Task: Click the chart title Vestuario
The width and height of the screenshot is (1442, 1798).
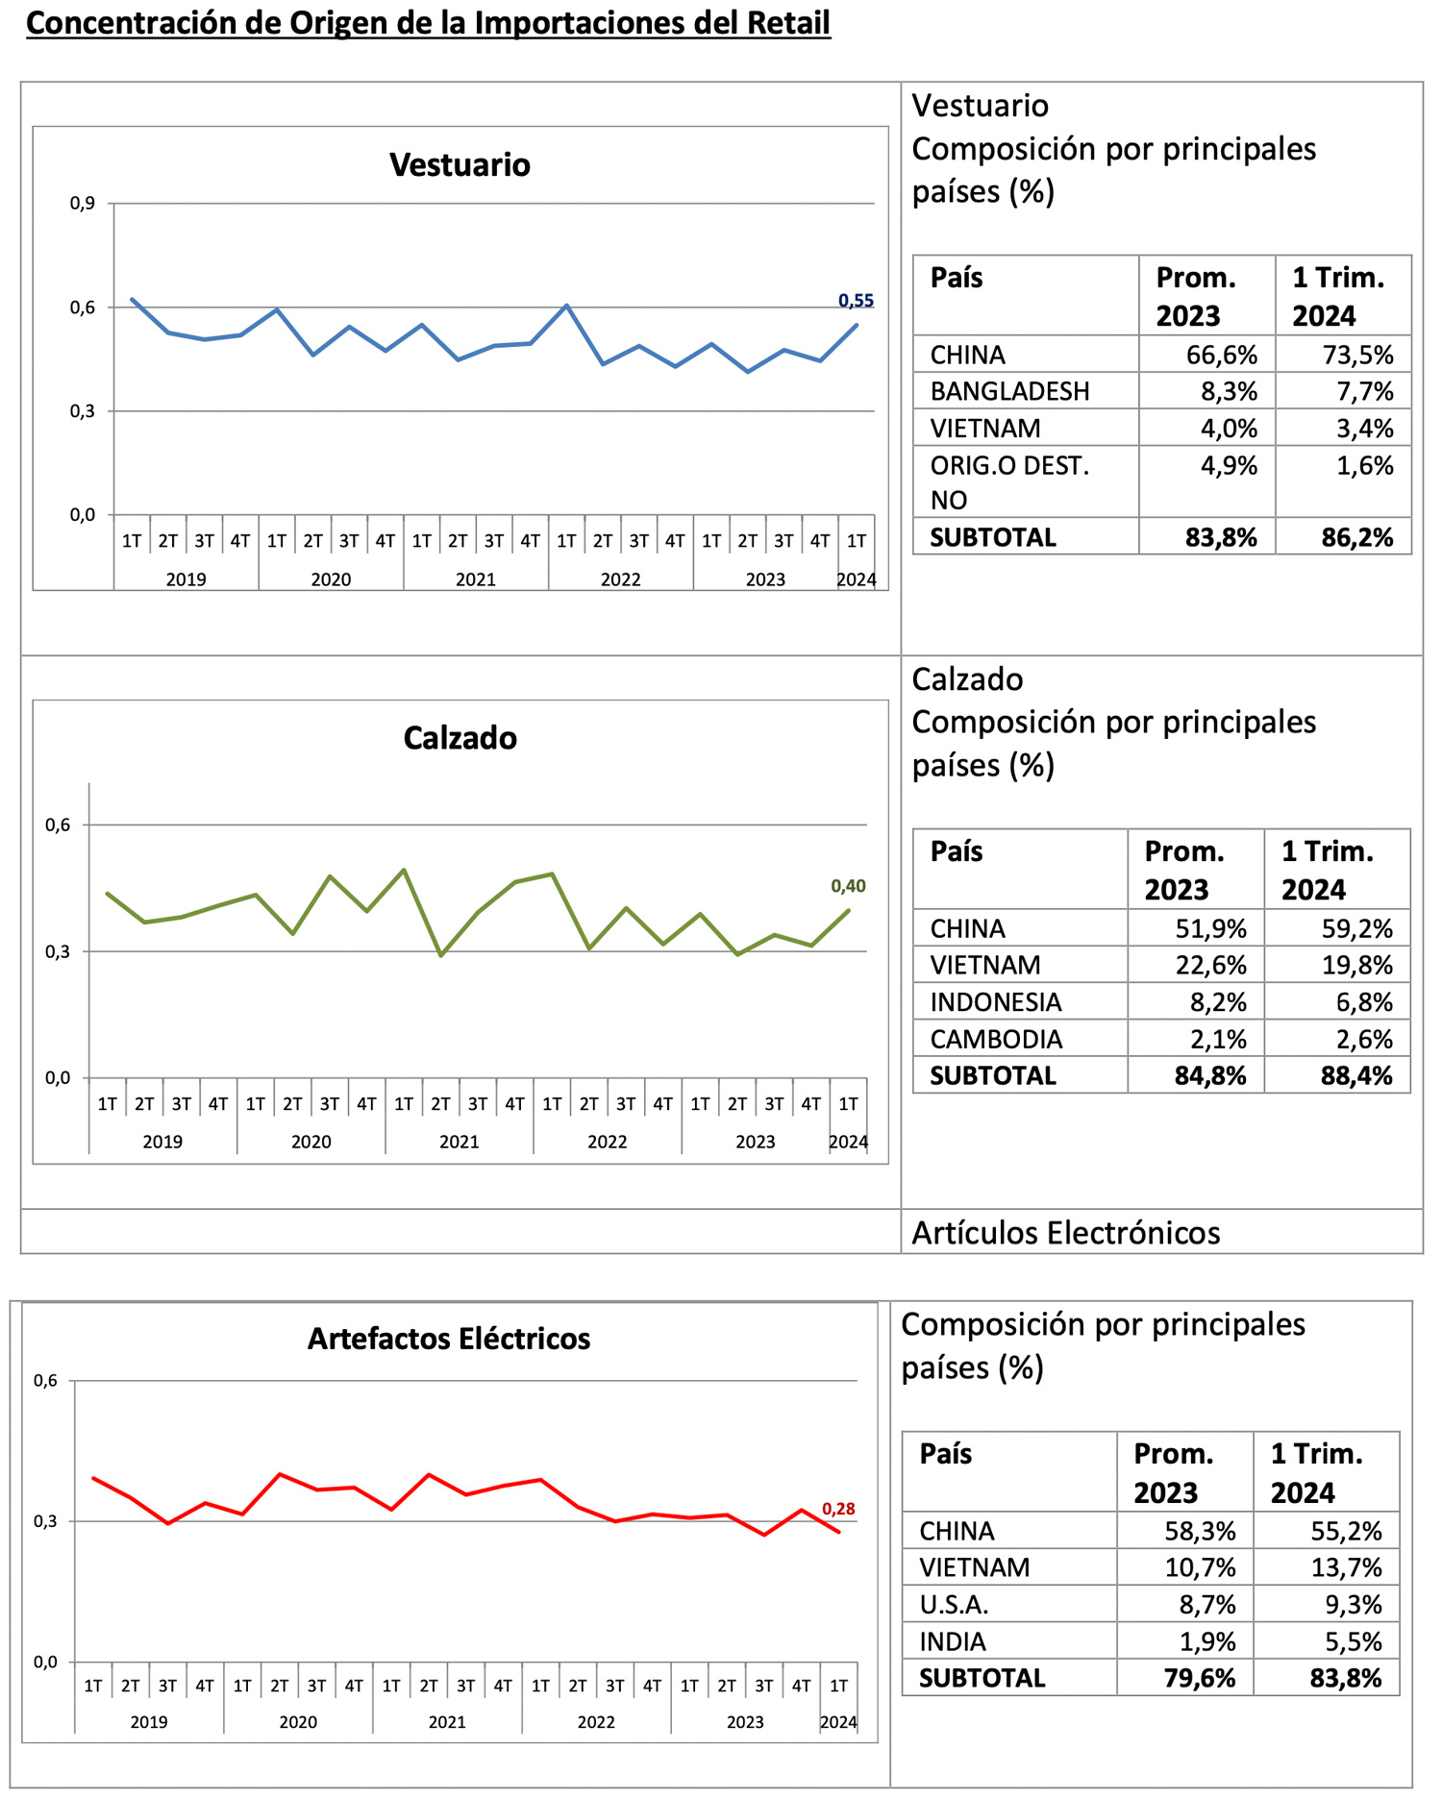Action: tap(460, 165)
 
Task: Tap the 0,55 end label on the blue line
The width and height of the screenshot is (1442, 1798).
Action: tap(856, 301)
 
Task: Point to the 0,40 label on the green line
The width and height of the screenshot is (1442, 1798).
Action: tap(848, 886)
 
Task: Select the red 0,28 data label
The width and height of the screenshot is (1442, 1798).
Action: tap(838, 1509)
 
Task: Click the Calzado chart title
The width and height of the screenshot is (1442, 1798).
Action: tap(460, 738)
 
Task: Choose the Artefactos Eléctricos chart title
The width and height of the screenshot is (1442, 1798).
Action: tap(449, 1339)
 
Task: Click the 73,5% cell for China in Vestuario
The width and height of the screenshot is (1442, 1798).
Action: tap(1357, 356)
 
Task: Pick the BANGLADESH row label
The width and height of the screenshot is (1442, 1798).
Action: tap(1009, 392)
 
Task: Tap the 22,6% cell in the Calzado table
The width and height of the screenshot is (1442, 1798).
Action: tap(1210, 965)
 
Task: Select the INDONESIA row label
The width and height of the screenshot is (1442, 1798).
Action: tap(995, 1002)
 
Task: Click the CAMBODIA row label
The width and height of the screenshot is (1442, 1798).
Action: tap(996, 1040)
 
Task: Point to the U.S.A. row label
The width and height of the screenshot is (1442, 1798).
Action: tap(954, 1605)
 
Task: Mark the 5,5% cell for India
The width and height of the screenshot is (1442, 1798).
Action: tap(1354, 1641)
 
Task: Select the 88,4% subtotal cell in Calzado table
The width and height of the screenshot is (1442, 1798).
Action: tap(1355, 1076)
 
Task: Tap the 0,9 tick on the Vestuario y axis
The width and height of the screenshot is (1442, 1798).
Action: tap(83, 203)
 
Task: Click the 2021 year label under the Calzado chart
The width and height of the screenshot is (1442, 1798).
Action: tap(459, 1142)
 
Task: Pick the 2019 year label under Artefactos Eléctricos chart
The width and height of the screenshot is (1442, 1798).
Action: tap(149, 1722)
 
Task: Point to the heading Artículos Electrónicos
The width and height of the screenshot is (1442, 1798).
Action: tap(1065, 1233)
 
